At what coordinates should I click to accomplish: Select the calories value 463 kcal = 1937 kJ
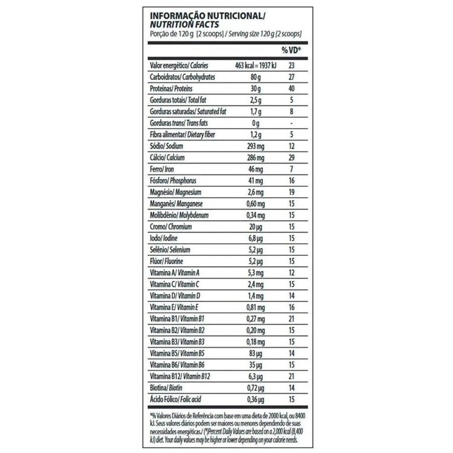[x=256, y=66]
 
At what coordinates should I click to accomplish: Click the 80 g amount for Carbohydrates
[x=256, y=77]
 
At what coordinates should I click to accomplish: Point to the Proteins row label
[x=171, y=89]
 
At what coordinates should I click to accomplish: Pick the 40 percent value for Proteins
[x=291, y=89]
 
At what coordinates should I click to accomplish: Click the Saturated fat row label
[x=188, y=112]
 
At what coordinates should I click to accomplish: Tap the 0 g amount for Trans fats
[x=256, y=123]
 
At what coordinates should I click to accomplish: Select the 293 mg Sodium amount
[x=256, y=146]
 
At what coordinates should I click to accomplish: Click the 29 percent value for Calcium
[x=291, y=158]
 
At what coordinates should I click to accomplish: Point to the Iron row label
[x=162, y=169]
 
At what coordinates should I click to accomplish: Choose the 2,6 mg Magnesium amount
[x=256, y=192]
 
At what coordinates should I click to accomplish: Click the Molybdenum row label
[x=179, y=215]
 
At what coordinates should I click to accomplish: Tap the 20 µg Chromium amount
[x=256, y=227]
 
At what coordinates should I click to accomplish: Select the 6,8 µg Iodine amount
[x=256, y=238]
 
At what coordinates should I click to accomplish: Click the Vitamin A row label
[x=174, y=273]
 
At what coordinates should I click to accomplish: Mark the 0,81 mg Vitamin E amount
[x=256, y=307]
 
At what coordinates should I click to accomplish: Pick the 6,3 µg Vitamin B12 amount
[x=256, y=376]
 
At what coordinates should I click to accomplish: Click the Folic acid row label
[x=176, y=399]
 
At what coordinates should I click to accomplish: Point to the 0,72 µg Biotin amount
[x=256, y=388]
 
